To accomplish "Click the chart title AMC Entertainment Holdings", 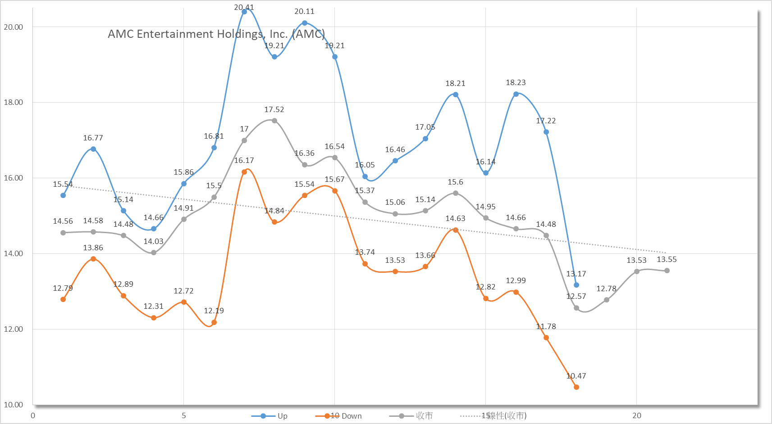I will [216, 34].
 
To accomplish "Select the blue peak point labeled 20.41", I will [244, 12].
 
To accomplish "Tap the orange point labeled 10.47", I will [576, 387].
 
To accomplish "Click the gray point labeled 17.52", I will [274, 121].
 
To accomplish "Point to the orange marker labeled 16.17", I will [244, 172].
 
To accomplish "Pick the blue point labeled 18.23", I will [516, 94].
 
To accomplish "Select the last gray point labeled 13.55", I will [667, 271].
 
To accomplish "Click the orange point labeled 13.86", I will [93, 259].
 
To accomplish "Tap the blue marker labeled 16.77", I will [93, 149].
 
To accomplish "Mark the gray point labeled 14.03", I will [154, 253].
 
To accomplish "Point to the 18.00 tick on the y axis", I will [14, 102].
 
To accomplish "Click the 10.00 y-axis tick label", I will [14, 405].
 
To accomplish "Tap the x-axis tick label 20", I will [637, 415].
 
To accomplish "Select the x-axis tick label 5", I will [184, 415].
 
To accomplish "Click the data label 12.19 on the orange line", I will [214, 311].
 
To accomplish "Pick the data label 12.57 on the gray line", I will [576, 296].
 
